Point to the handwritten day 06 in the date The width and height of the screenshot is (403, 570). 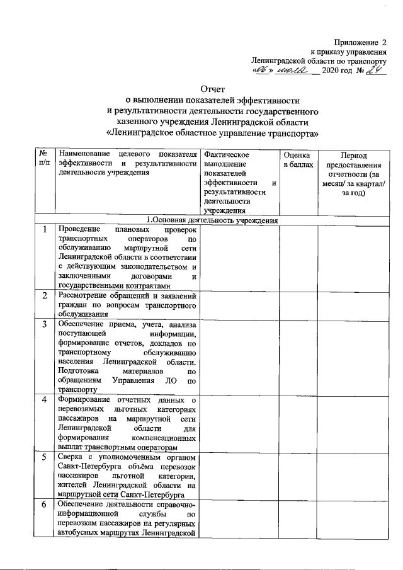(261, 72)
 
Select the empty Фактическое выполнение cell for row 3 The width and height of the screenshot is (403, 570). (239, 356)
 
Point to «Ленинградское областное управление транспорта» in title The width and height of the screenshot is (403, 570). (212, 134)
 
